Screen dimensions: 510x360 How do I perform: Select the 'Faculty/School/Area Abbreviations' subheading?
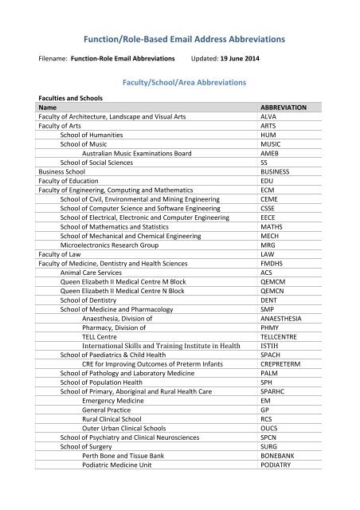[179, 81]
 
